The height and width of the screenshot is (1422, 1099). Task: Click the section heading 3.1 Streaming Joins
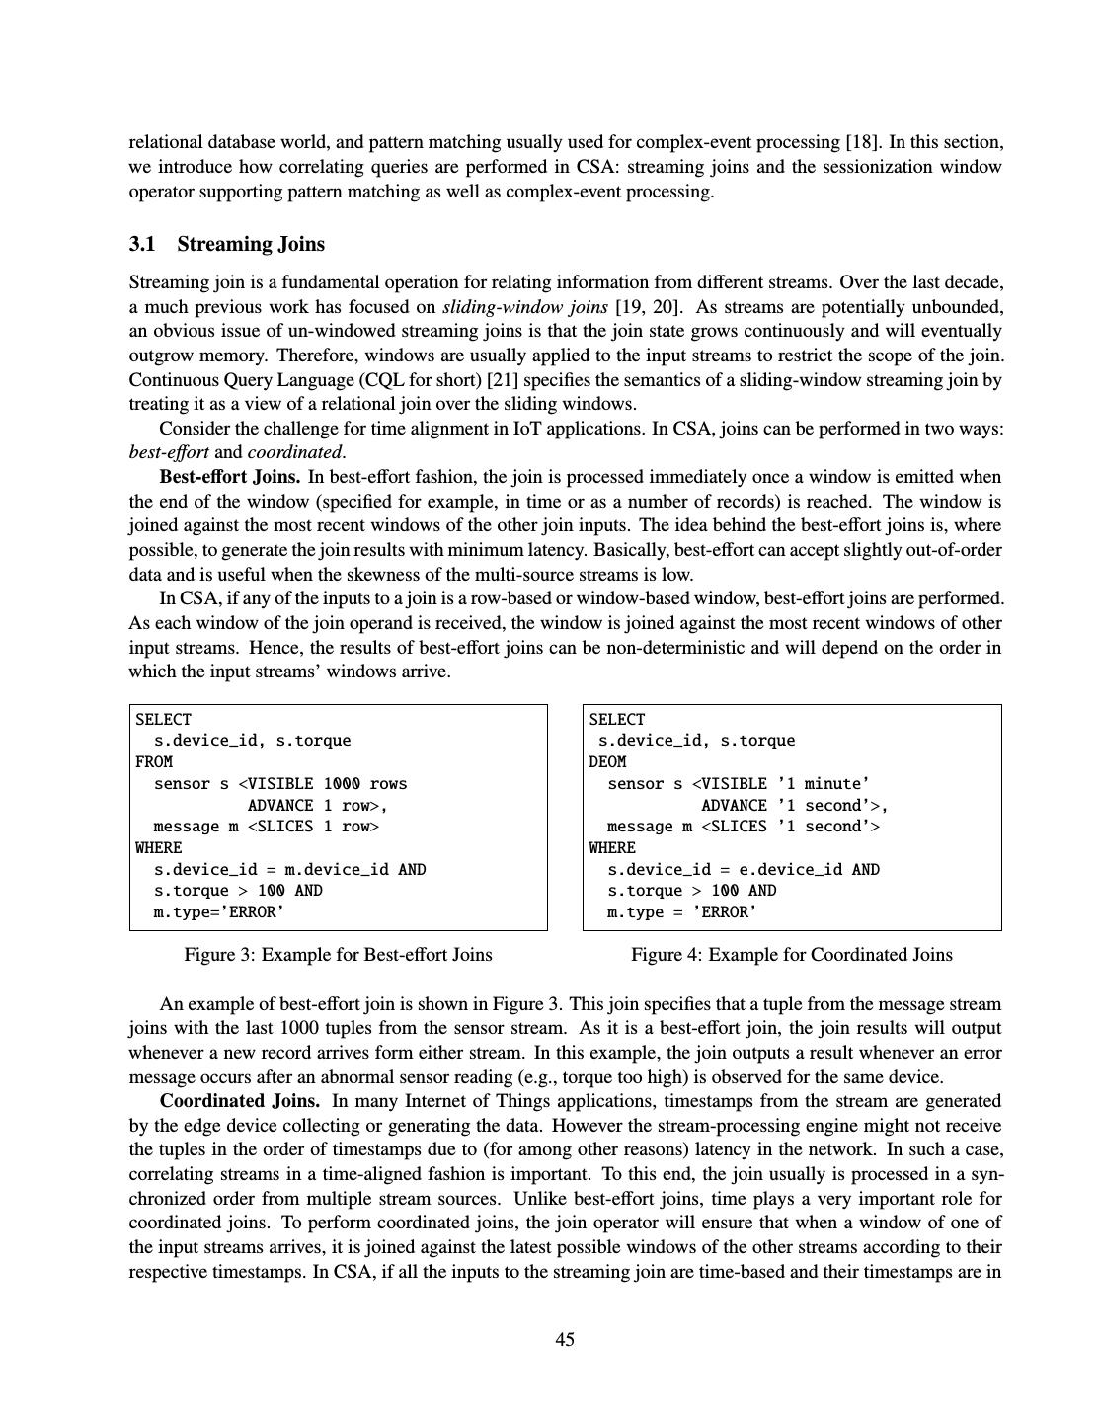226,245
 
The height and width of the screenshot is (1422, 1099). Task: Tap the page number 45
565,1339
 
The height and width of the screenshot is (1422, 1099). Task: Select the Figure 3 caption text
338,955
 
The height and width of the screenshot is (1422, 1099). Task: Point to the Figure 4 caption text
791,955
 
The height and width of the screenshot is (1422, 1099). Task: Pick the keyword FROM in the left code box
154,762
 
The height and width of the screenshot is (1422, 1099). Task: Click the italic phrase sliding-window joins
524,306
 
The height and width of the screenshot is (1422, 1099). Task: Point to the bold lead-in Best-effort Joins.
230,477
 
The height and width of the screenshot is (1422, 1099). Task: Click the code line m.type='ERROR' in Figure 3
219,912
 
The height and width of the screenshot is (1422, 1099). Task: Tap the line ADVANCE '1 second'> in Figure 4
795,806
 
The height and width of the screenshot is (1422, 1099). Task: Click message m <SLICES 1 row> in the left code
266,827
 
